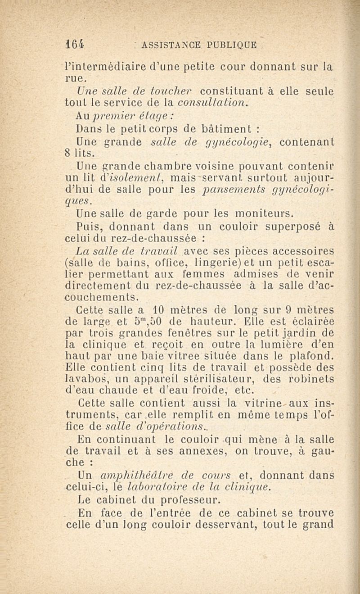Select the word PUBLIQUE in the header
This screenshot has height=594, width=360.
click(231, 45)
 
